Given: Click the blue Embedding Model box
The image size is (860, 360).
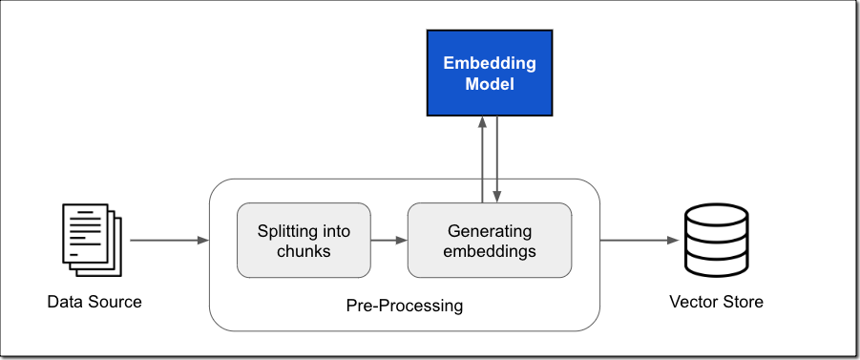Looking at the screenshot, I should point(489,74).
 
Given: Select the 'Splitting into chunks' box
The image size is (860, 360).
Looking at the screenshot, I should point(304,241).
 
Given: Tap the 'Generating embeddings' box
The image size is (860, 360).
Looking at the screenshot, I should point(489,241).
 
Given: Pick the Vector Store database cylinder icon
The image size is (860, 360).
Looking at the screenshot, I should point(716,240).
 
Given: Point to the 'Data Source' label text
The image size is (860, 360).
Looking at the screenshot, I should point(94,303).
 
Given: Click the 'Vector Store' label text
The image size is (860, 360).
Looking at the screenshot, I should point(716,303).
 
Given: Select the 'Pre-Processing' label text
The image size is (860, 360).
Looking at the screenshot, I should point(404,307).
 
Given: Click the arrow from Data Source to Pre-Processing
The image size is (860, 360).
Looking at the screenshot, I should point(168,241).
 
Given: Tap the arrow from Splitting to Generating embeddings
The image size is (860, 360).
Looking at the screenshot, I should point(388,241).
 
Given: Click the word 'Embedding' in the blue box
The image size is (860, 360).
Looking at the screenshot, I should point(489,64).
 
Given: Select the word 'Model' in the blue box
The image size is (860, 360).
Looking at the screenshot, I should point(489,85).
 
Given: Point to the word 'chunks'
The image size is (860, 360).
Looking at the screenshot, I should point(304,252).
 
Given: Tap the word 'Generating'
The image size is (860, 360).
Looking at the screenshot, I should point(489,231).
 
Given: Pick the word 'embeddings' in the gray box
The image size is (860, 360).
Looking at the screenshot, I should point(489,252).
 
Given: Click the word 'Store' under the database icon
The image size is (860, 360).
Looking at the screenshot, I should point(743,303).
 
